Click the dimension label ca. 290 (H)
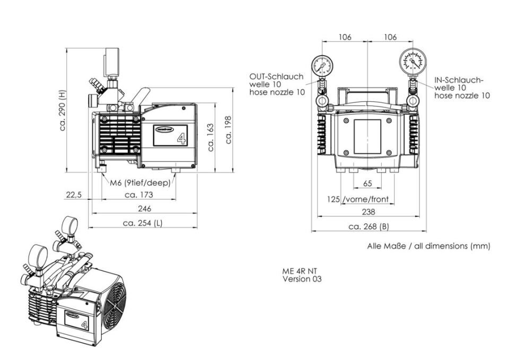[63, 110]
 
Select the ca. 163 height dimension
[211, 137]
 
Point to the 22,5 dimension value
[73, 195]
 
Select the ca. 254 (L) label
[143, 223]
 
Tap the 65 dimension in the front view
[368, 183]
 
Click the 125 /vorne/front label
[358, 199]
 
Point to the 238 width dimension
[368, 212]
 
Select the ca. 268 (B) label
[369, 227]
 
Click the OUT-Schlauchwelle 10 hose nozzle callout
[277, 84]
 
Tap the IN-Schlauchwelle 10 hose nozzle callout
[462, 87]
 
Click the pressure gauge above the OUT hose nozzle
[322, 66]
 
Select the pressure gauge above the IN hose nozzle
[413, 62]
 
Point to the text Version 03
[302, 279]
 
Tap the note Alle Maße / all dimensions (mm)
[428, 246]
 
